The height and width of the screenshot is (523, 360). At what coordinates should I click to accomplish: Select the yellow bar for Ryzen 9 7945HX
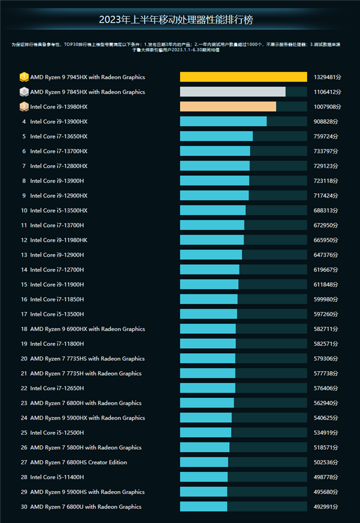tap(243, 77)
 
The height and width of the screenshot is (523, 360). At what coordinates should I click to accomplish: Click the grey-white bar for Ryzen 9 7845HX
tap(233, 92)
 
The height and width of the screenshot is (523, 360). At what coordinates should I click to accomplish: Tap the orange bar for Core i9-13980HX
tap(228, 107)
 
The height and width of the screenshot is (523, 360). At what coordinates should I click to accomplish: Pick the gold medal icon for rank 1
tap(23, 77)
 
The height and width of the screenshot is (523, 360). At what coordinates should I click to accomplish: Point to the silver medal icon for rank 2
tap(23, 92)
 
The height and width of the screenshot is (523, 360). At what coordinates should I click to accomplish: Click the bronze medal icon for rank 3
tap(23, 107)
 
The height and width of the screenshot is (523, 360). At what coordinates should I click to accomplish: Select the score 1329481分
tap(328, 77)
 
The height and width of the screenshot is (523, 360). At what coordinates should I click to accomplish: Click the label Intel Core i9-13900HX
tap(59, 122)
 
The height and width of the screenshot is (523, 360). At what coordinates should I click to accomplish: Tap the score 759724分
tap(326, 136)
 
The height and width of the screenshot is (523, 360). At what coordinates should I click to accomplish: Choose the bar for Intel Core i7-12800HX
tap(215, 166)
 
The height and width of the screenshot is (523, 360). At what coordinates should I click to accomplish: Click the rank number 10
tap(24, 211)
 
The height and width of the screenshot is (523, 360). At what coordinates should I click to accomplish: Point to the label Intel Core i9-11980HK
tap(58, 240)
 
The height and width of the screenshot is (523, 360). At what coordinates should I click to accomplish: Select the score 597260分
tap(326, 314)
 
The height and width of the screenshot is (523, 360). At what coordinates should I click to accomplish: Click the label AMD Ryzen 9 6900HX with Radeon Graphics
tap(88, 329)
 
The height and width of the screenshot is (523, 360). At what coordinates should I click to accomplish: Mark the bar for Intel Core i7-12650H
tap(208, 388)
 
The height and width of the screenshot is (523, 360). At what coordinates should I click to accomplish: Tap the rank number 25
tap(24, 433)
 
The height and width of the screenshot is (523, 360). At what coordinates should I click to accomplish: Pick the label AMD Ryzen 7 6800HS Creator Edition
tap(79, 462)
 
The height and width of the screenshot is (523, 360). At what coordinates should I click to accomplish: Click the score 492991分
tap(326, 507)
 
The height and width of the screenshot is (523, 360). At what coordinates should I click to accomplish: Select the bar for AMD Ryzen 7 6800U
tap(203, 507)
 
